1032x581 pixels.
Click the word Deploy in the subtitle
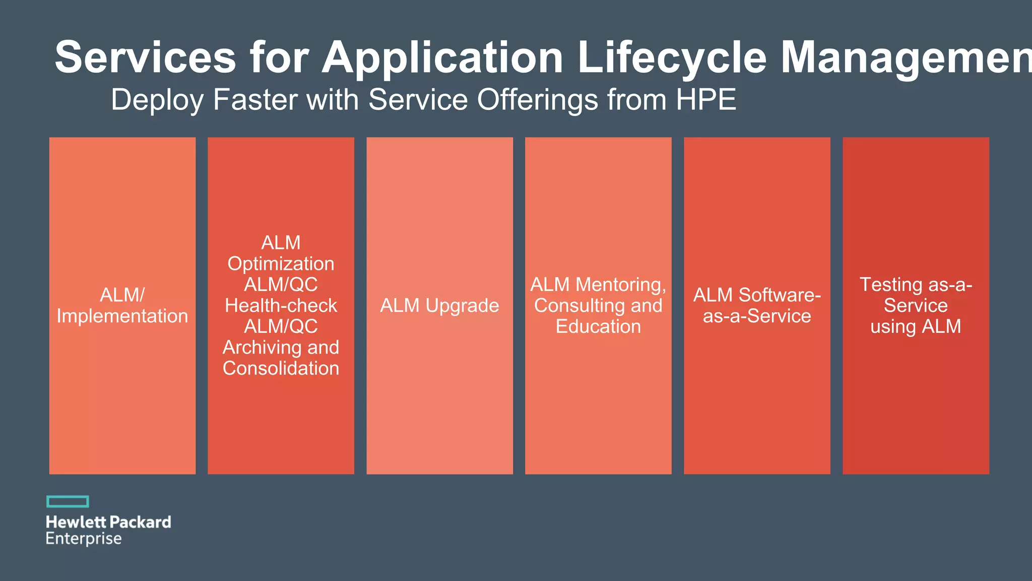point(157,99)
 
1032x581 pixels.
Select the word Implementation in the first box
point(122,316)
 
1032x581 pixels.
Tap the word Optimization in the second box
point(281,264)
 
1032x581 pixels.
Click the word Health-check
point(281,306)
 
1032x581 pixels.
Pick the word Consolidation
point(281,368)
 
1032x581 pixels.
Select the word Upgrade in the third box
point(462,306)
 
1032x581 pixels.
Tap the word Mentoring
point(620,285)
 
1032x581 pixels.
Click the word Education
point(598,327)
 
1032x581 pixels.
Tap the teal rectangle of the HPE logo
point(68,501)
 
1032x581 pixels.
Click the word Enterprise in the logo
point(84,539)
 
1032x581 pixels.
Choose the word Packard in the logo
point(140,522)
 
